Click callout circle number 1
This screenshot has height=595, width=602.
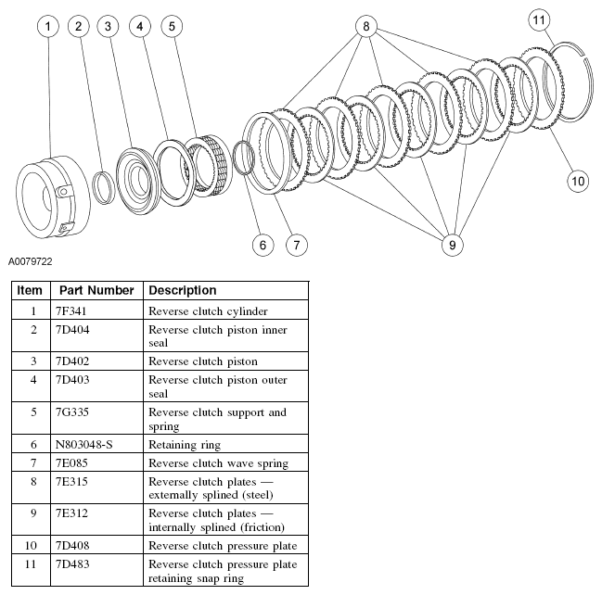point(47,27)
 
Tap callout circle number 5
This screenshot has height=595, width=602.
point(172,27)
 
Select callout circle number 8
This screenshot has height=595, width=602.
point(366,27)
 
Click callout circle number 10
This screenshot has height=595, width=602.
point(578,181)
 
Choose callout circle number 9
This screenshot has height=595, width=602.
point(452,245)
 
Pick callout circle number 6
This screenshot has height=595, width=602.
point(263,245)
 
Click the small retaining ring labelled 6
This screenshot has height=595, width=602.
point(243,158)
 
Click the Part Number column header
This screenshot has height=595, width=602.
point(96,290)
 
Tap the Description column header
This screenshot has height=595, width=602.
point(183,290)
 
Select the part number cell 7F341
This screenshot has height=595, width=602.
point(73,311)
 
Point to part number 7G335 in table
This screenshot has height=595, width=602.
point(74,411)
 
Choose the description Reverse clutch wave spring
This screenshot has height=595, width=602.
point(218,462)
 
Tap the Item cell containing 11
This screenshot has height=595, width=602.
point(30,563)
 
